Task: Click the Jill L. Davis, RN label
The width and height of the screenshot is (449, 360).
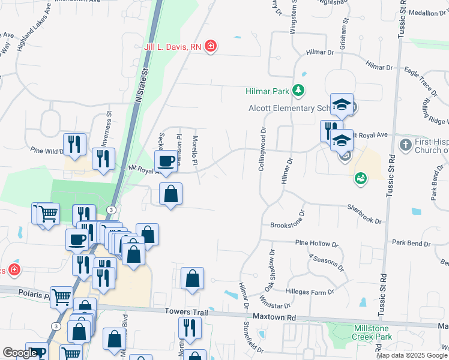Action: click(x=172, y=46)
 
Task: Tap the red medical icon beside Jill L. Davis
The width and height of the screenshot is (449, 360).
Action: click(x=210, y=46)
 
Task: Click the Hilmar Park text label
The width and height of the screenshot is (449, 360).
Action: click(x=268, y=91)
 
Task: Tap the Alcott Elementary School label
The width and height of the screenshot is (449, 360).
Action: click(x=290, y=108)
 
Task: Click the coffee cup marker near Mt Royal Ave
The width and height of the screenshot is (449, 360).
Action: click(x=166, y=161)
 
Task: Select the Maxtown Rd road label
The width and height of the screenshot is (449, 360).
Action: click(x=274, y=316)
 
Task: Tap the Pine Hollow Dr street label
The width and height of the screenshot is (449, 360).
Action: click(x=317, y=244)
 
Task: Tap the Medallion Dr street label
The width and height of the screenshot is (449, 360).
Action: click(x=427, y=13)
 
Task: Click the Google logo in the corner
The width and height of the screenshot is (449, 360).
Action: click(x=20, y=353)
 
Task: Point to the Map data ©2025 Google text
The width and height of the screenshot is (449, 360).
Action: click(x=412, y=355)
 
